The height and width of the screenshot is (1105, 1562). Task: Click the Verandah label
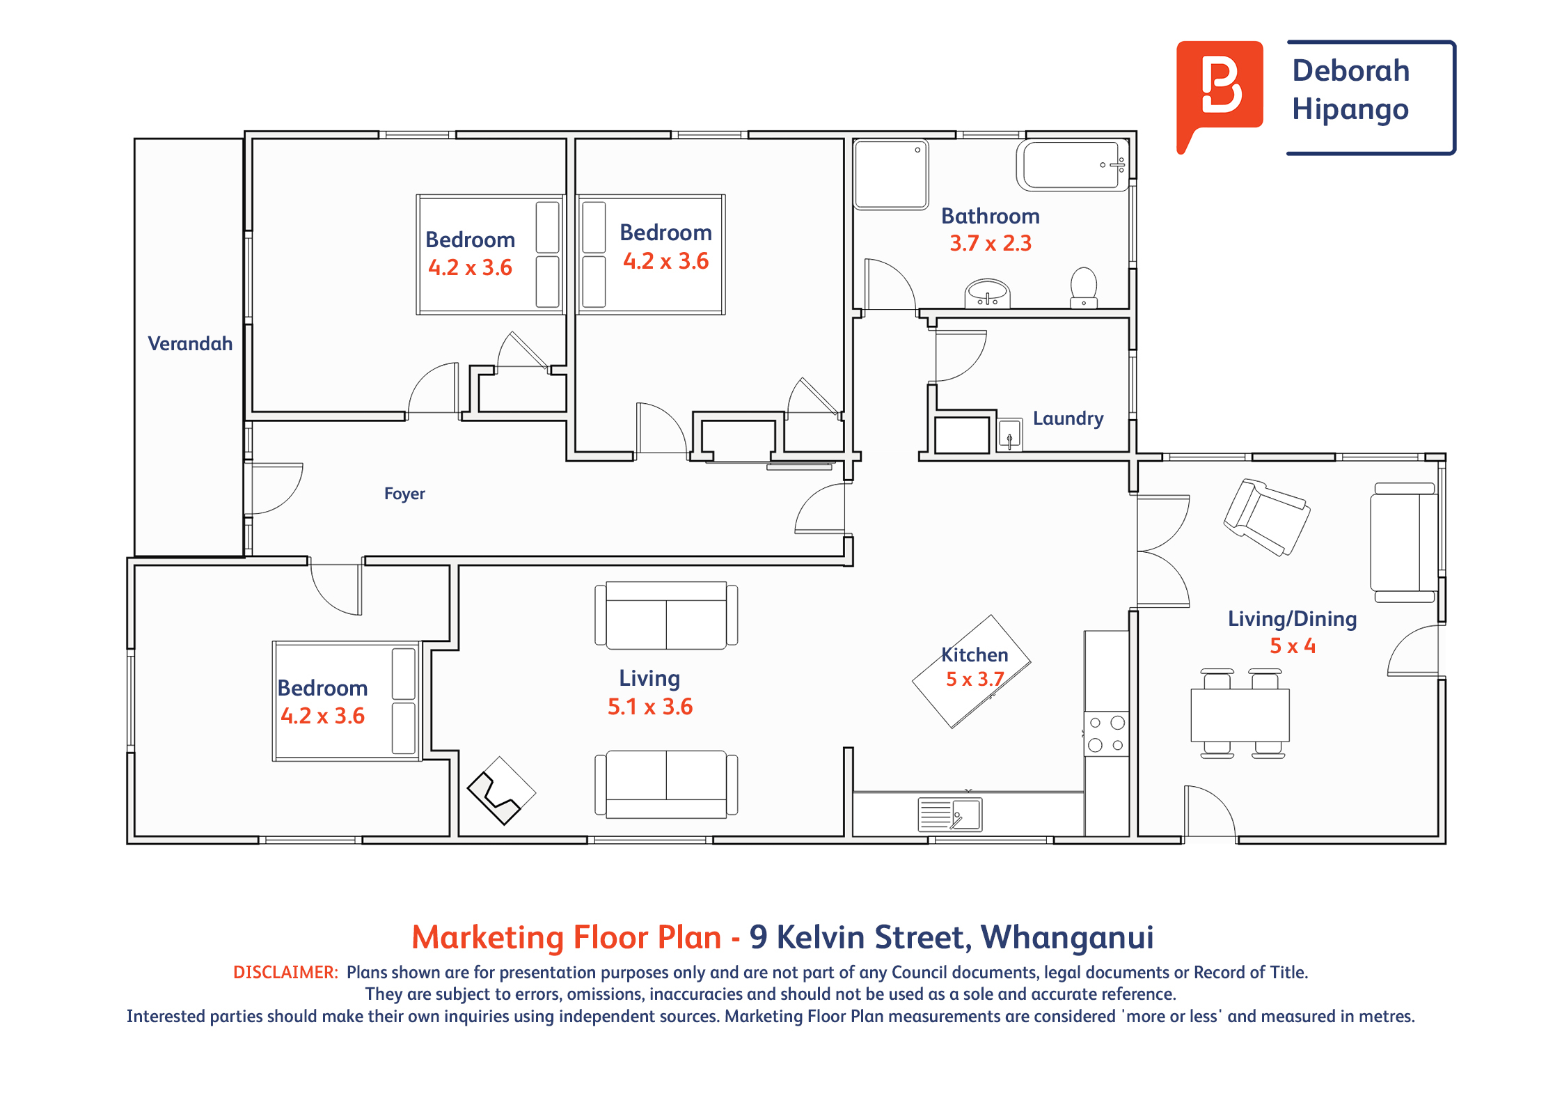[x=190, y=343]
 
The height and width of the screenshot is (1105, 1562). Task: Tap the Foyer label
[x=404, y=494]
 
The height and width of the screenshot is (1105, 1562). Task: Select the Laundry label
[x=1068, y=418]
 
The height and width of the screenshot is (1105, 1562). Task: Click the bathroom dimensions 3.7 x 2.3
[x=991, y=243]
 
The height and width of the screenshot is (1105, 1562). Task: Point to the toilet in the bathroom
[x=1083, y=288]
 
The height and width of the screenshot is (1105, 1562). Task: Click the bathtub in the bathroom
[x=1072, y=165]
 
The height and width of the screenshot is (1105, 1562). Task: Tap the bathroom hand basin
[x=987, y=293]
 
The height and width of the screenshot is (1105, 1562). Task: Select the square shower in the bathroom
[x=891, y=174]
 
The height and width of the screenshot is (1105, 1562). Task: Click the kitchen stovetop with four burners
[x=1106, y=734]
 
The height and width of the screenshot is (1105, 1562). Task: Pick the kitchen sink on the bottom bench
[x=950, y=815]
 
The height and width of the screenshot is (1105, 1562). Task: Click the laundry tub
[x=1009, y=435]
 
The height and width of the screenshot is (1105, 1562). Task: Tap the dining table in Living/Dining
[x=1240, y=715]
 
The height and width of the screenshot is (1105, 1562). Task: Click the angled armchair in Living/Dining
[x=1267, y=517]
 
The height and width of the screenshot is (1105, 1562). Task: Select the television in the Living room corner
[x=501, y=791]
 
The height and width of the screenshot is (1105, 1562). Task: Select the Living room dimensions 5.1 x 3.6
[x=650, y=707]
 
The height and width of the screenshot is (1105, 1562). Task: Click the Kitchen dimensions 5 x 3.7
[x=975, y=679]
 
